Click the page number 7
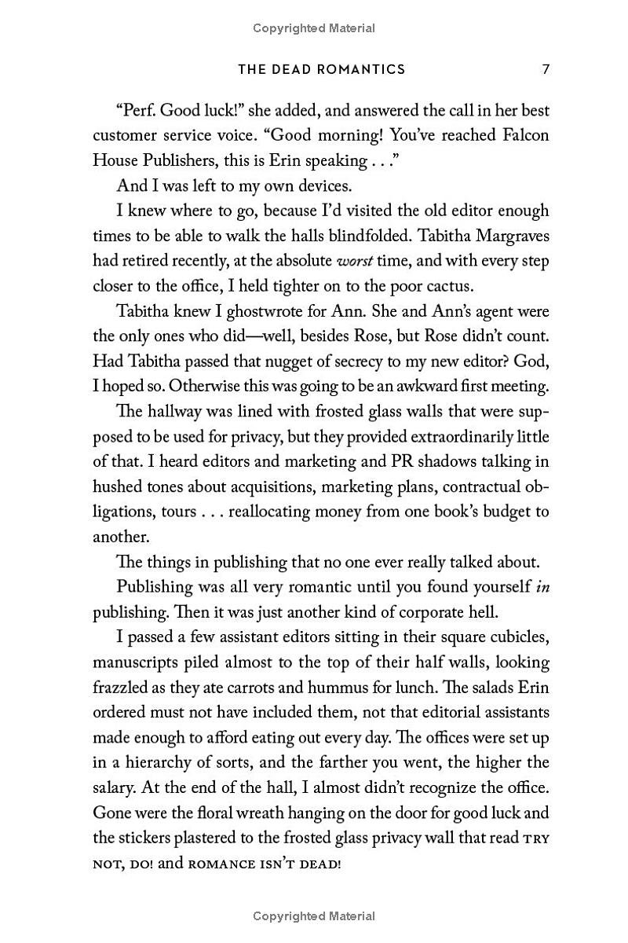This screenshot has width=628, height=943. coord(546,69)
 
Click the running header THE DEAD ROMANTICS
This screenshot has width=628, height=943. coord(322,69)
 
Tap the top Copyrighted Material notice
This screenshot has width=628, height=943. coord(314,28)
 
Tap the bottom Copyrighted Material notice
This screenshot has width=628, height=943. coord(314,915)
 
